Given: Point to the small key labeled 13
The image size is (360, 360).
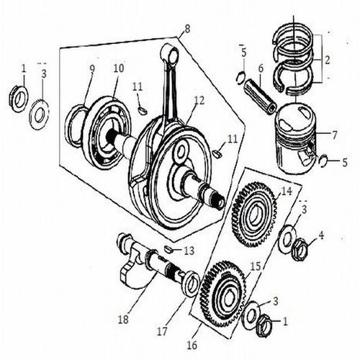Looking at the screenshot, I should (169, 248).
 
